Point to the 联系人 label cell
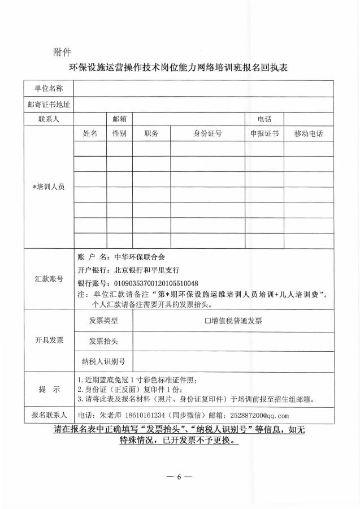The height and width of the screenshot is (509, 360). pyautogui.click(x=48, y=119)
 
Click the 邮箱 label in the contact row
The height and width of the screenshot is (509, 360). pyautogui.click(x=119, y=119)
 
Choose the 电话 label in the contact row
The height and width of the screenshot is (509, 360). pyautogui.click(x=264, y=119)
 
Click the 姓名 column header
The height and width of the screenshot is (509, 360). pyautogui.click(x=90, y=133)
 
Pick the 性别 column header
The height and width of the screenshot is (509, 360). pyautogui.click(x=119, y=133)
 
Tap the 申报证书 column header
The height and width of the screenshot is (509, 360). pyautogui.click(x=264, y=133)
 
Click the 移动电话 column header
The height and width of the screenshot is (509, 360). pyautogui.click(x=309, y=133)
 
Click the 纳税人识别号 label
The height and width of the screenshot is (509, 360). pyautogui.click(x=103, y=361)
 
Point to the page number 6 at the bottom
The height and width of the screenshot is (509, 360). pyautogui.click(x=180, y=477)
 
